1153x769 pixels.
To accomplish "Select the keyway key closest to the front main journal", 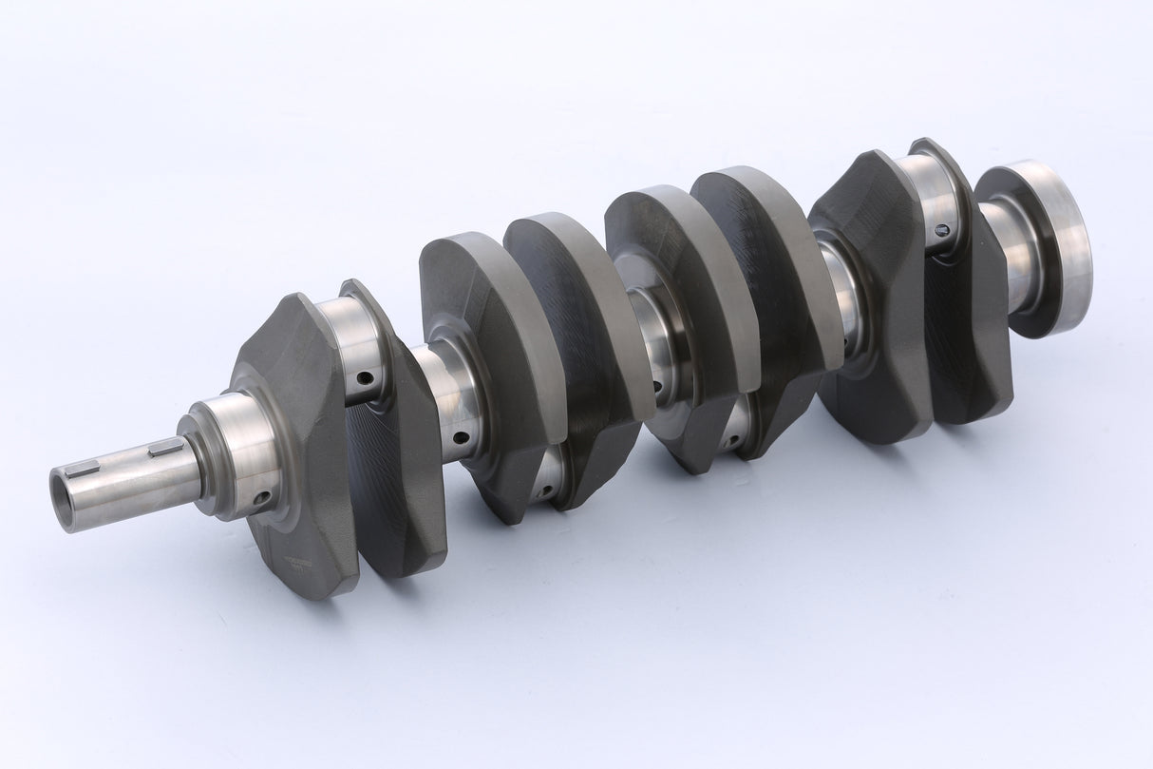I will pos(166,447).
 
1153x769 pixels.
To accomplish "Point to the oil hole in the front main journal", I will pos(261,497).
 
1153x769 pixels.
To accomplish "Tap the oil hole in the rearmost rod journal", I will pos(942,230).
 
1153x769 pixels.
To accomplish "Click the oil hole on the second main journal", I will pos(462,439).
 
